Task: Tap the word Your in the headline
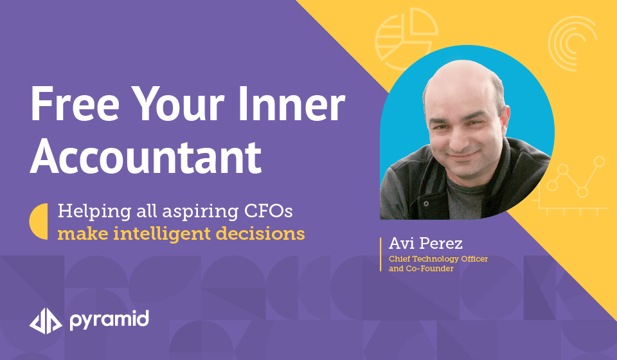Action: [x=177, y=104]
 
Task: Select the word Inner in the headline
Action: [x=292, y=104]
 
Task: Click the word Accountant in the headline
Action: [x=146, y=156]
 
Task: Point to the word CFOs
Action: [x=269, y=211]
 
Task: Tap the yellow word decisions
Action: [x=260, y=233]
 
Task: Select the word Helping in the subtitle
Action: [x=94, y=212]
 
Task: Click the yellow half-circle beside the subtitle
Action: [x=39, y=221]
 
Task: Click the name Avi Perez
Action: [x=425, y=243]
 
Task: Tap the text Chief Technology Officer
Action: [x=438, y=259]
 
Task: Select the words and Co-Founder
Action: [x=421, y=268]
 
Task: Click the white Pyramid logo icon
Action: [x=46, y=321]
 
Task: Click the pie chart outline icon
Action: [x=406, y=39]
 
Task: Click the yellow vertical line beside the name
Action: [x=380, y=254]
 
